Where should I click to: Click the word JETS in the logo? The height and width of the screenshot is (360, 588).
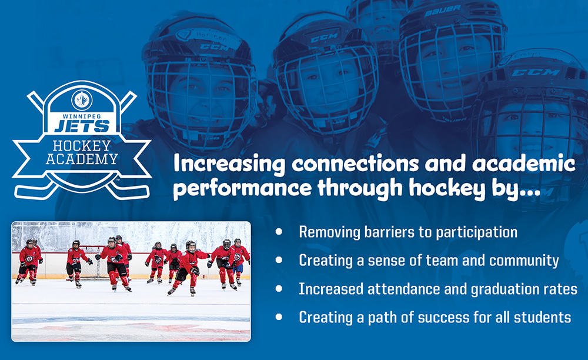tap(82, 126)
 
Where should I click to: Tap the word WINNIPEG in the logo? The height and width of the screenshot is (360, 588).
tap(82, 116)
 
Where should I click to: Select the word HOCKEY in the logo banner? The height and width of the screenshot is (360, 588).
tap(82, 145)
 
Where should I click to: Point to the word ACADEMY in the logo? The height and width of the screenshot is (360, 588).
tap(82, 159)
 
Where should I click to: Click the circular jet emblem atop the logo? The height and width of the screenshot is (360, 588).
tap(82, 100)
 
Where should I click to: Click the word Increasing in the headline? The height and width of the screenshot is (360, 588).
tap(229, 164)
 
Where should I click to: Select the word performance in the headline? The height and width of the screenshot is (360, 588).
tap(242, 188)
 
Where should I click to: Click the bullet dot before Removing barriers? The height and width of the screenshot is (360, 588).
tap(279, 231)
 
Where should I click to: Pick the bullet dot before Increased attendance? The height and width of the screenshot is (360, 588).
tap(279, 288)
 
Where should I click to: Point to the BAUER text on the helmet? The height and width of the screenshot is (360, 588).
tap(443, 12)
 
